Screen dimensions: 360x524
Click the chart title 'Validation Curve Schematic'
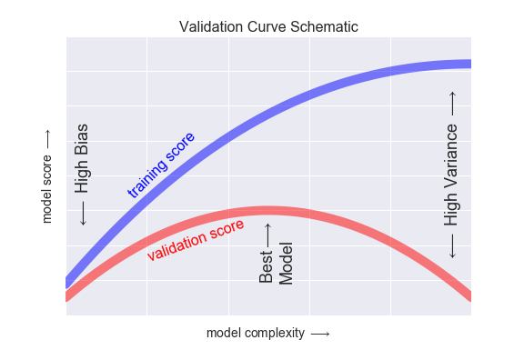coord(267,27)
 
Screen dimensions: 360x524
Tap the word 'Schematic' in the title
coord(323,27)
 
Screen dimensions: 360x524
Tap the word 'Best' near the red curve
coord(267,269)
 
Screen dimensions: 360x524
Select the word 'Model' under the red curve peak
coord(286,264)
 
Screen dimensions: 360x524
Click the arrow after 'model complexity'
coord(319,334)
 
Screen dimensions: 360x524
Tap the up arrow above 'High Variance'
coord(451,102)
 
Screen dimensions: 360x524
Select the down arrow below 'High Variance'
coord(451,245)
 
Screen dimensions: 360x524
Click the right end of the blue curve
coord(468,64)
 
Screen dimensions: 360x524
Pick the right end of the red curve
coord(468,295)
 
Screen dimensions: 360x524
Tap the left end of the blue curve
coord(69,281)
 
